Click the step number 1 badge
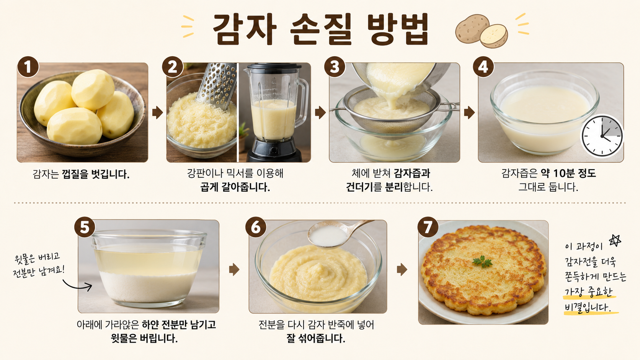coord(28,67)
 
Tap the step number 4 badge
coord(483,67)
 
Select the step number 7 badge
coord(428,227)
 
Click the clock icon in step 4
coord(602,136)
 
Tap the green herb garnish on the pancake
coord(482,262)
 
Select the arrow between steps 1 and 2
coord(157,112)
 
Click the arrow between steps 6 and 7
coord(402,269)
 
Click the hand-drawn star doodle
coord(615,240)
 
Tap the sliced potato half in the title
coord(494,36)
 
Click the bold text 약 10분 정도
coord(568,173)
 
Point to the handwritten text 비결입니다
coord(588,307)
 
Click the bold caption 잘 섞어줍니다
coord(316,339)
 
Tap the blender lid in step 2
coord(274,67)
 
